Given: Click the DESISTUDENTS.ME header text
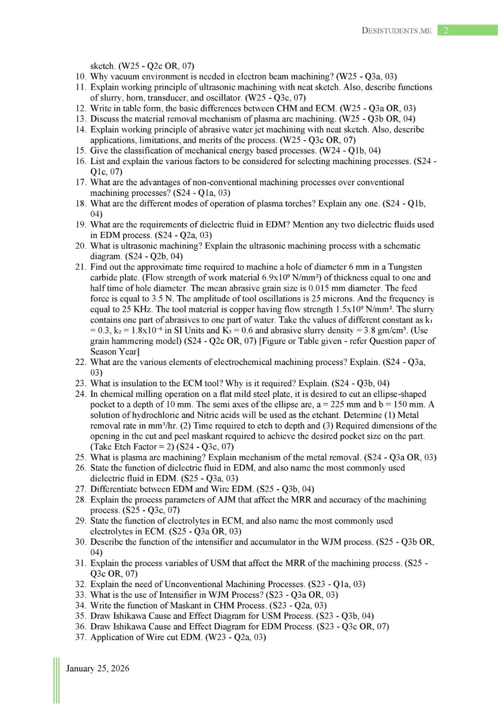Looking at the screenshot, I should point(396,31).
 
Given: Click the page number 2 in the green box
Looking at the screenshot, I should point(446,30).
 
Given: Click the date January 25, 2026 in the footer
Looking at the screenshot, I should point(98,669).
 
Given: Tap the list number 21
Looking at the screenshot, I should point(80,267).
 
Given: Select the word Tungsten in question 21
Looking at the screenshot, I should point(405,267).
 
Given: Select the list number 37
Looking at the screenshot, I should point(80,638).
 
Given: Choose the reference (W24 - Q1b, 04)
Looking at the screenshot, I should point(350,151).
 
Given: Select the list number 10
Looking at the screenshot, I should point(80,77).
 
